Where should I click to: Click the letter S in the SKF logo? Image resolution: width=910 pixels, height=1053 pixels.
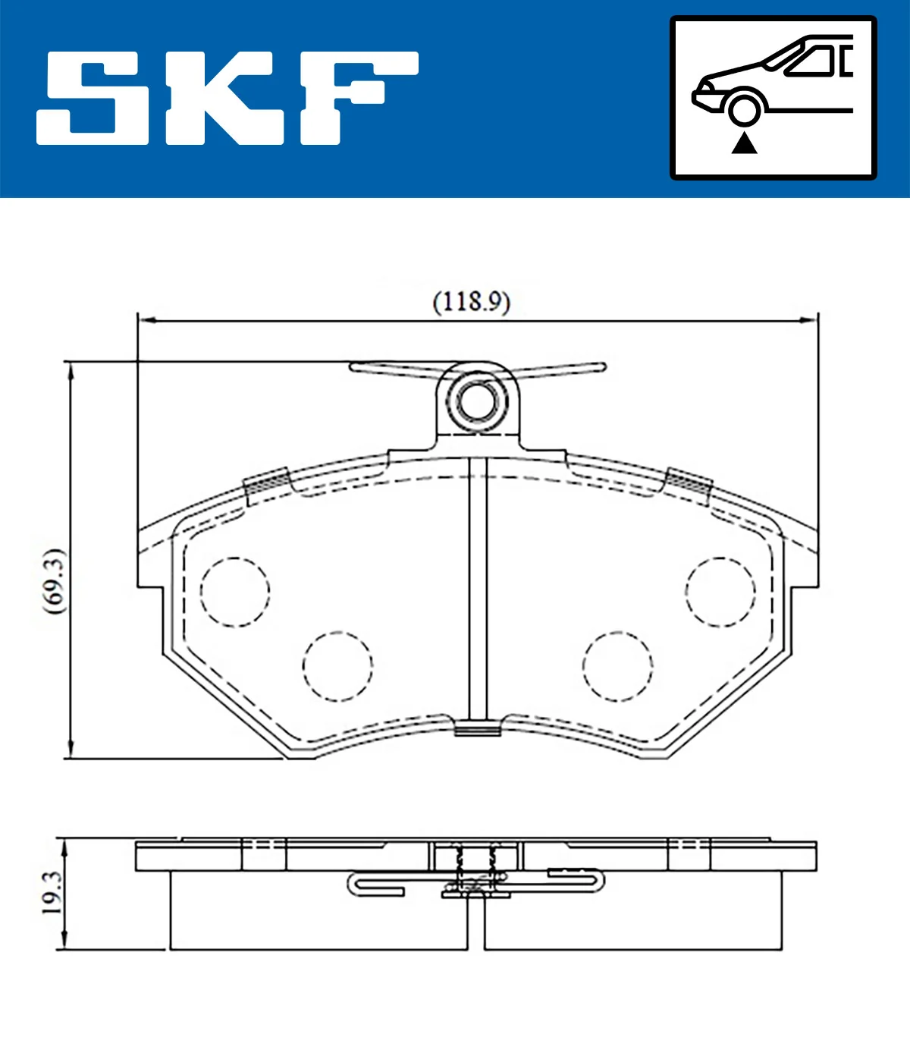click(x=92, y=99)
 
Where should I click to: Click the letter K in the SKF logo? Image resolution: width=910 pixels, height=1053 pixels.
click(x=227, y=99)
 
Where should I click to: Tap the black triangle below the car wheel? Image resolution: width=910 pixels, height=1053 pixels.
click(x=744, y=143)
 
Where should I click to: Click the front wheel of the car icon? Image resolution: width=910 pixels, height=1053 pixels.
click(x=743, y=108)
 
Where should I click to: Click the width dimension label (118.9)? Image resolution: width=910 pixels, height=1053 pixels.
click(x=471, y=302)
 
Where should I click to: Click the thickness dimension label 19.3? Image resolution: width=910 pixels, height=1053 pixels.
click(x=52, y=892)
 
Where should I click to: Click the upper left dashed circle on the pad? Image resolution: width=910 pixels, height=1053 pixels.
click(x=235, y=592)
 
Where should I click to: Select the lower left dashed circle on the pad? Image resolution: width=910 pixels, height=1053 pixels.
click(x=337, y=665)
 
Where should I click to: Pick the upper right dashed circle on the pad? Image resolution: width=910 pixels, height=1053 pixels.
click(x=720, y=592)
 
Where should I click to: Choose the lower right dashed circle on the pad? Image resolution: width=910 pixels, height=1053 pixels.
click(x=618, y=665)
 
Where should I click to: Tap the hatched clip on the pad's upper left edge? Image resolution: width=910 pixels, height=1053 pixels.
click(x=266, y=482)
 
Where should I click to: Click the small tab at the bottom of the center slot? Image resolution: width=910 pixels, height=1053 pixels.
click(x=477, y=731)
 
